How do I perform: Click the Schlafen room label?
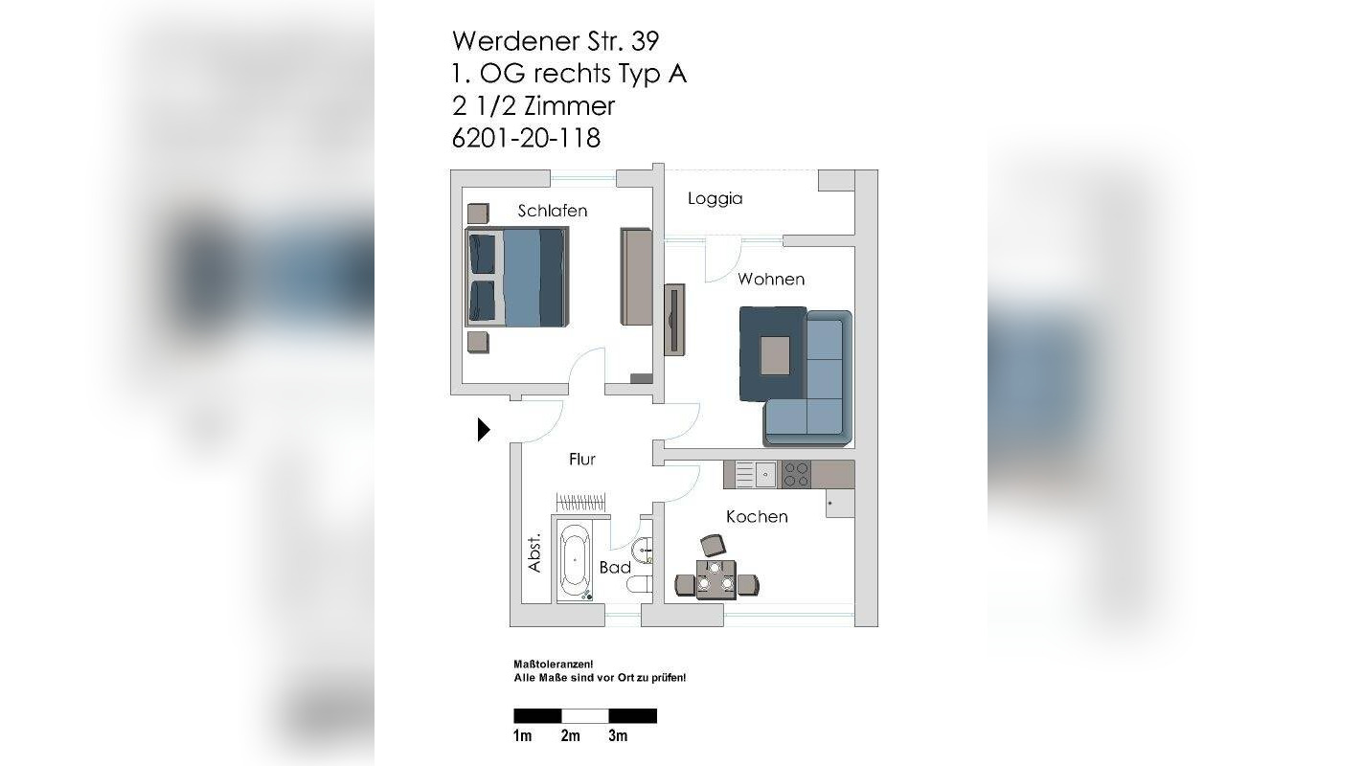tap(552, 211)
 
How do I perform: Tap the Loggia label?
tap(715, 199)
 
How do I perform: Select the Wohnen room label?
tap(770, 280)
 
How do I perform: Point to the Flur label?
tap(581, 460)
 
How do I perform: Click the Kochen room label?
tap(757, 517)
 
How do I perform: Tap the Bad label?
tap(615, 568)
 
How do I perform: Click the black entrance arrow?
tap(484, 430)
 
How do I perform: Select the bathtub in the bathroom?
tap(575, 561)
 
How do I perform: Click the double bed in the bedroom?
tap(516, 278)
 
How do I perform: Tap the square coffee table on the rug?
tap(775, 355)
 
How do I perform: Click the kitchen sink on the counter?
tap(764, 473)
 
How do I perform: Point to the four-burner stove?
tap(796, 473)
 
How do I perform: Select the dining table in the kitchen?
tap(716, 580)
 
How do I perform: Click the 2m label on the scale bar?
tap(570, 735)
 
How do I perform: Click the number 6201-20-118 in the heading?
tap(526, 139)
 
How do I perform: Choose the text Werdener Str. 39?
tap(556, 41)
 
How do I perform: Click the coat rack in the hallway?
tap(581, 502)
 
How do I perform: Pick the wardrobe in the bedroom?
tap(636, 276)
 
